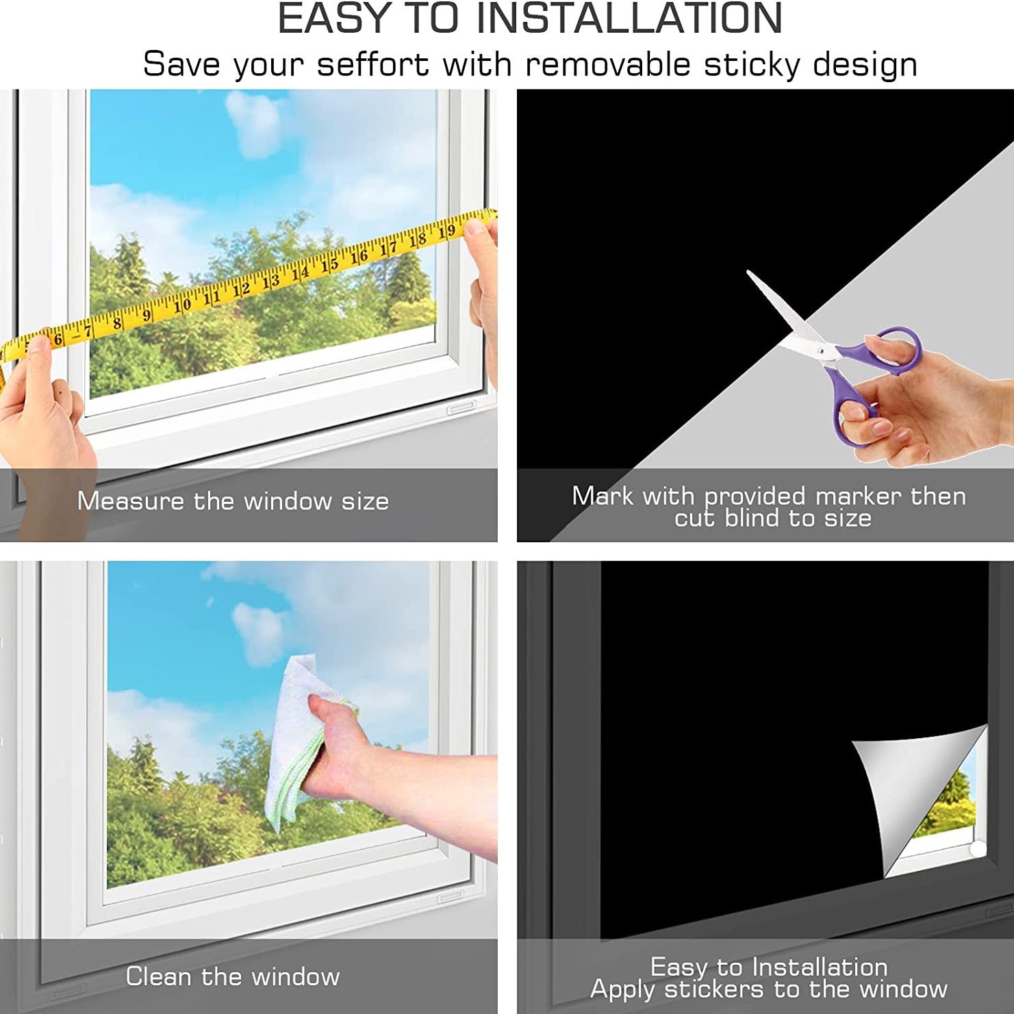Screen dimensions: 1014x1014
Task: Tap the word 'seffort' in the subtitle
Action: (372, 65)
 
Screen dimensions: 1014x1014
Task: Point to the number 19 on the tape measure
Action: (447, 231)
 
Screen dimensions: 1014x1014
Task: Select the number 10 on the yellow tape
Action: (183, 305)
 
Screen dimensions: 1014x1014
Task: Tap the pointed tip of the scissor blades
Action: (748, 272)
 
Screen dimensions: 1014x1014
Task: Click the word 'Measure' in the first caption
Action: (131, 501)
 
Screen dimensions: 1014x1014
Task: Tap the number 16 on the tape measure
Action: (359, 256)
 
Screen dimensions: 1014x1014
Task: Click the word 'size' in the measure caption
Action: (365, 502)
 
